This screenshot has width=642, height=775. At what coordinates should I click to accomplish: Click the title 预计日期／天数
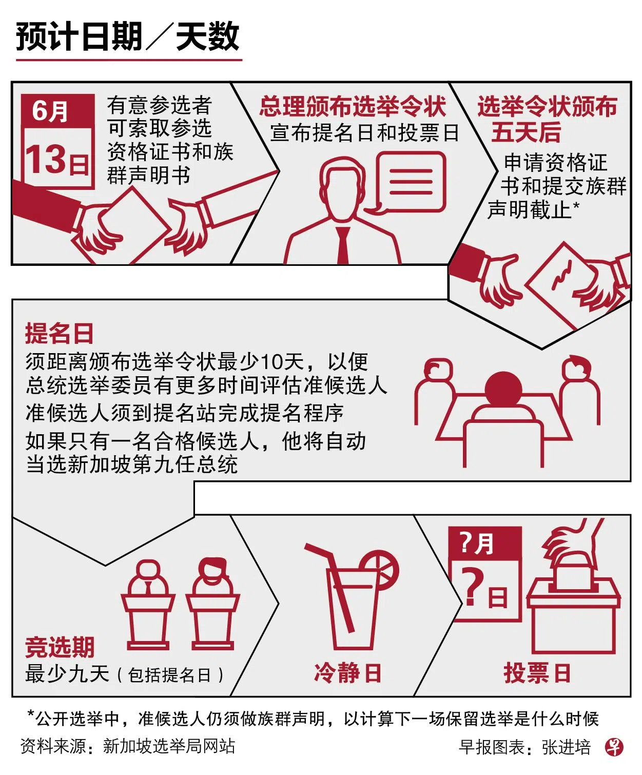(127, 36)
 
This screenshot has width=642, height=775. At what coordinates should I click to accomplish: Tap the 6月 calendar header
(57, 111)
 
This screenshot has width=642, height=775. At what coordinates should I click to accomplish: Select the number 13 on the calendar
(45, 159)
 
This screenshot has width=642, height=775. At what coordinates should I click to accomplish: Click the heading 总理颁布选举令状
(352, 106)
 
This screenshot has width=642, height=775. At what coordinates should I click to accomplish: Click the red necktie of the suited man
(343, 245)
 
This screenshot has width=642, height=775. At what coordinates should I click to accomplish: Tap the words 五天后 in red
(526, 132)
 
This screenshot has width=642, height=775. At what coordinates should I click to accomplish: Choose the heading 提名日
(59, 333)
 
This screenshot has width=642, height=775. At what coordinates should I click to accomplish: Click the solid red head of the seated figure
(503, 389)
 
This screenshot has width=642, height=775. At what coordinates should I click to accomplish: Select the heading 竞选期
(60, 647)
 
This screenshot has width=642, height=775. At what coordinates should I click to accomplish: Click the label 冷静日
(347, 673)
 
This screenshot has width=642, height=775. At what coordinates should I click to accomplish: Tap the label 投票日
(537, 673)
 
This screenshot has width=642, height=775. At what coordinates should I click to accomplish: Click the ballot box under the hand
(573, 615)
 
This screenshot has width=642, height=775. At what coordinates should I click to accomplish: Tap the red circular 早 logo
(614, 747)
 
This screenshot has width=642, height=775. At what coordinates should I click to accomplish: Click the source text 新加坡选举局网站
(169, 746)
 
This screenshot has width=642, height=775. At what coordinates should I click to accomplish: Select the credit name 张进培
(566, 747)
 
